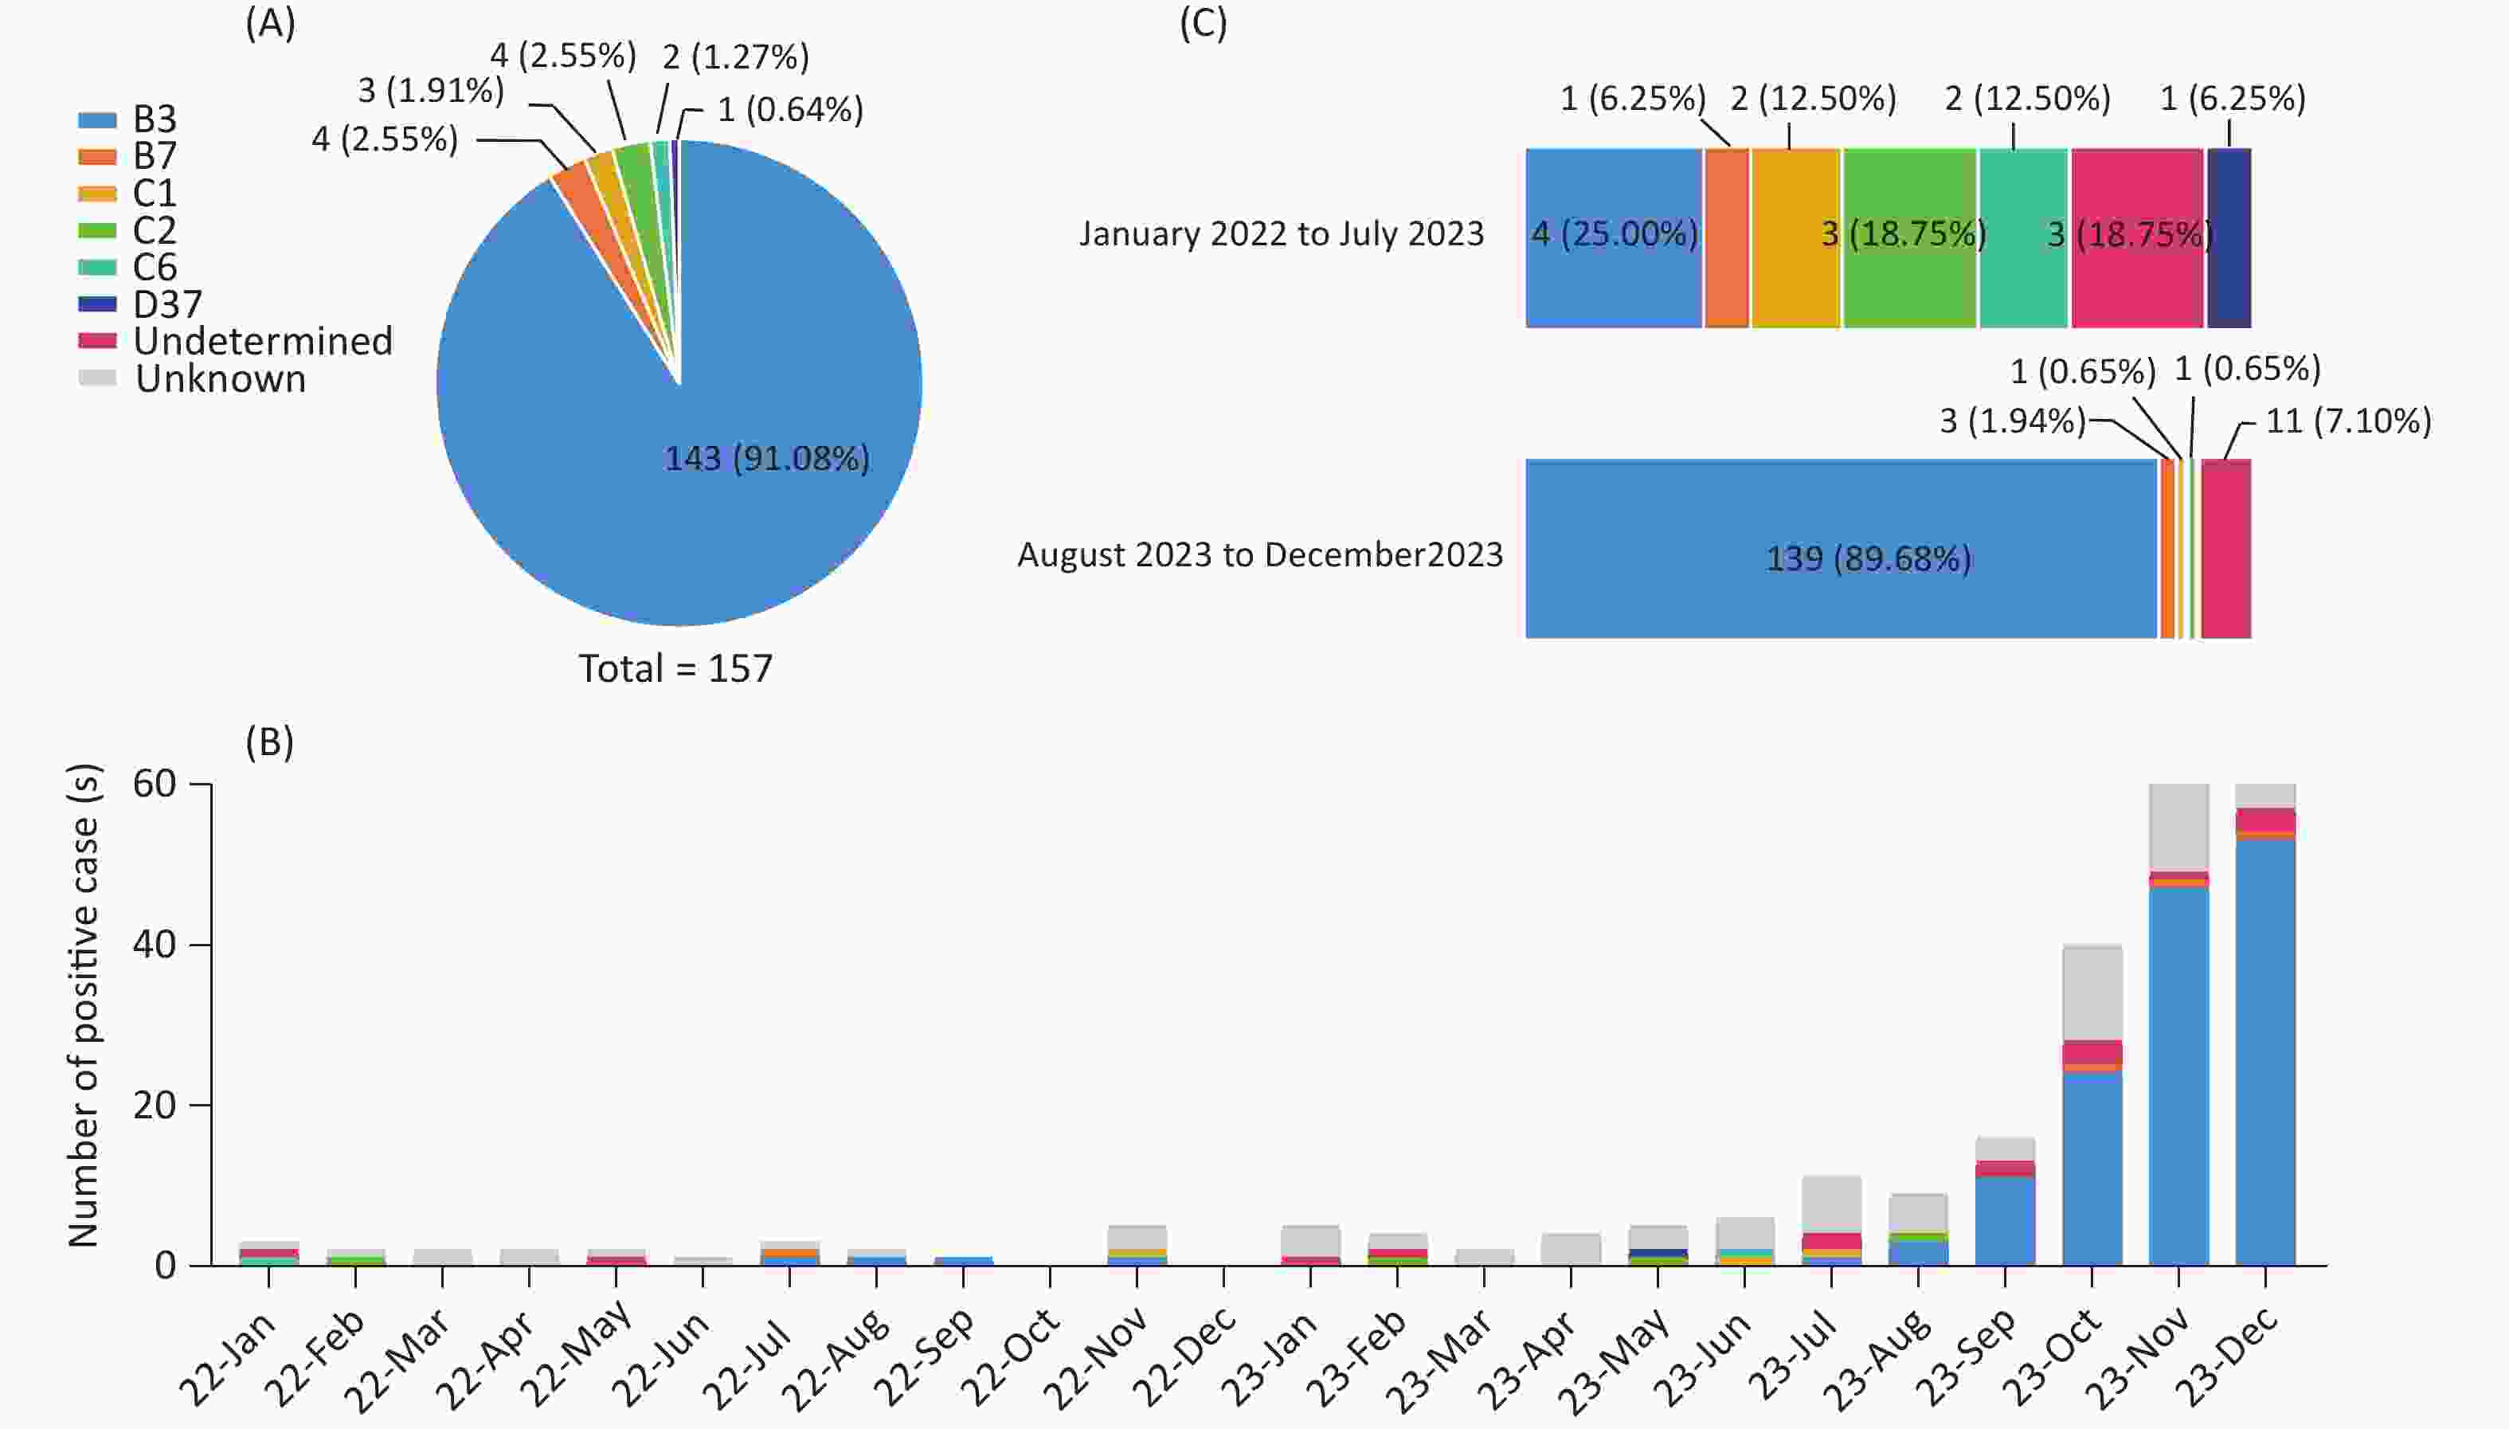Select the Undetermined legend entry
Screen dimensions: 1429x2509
(262, 342)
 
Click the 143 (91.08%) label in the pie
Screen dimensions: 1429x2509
(766, 458)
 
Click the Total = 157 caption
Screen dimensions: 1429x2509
(675, 668)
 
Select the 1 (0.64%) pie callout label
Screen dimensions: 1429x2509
(790, 110)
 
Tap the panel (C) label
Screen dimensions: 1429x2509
(1202, 24)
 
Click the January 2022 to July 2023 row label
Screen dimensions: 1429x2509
(1281, 234)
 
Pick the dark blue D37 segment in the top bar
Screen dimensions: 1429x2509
(2229, 237)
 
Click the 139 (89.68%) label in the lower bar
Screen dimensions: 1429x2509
(1869, 558)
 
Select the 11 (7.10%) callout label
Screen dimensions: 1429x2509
(2347, 421)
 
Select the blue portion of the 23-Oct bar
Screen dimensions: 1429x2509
(2092, 1168)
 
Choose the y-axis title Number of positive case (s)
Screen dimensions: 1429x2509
(84, 1006)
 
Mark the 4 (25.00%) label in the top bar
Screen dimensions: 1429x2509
(1614, 234)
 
